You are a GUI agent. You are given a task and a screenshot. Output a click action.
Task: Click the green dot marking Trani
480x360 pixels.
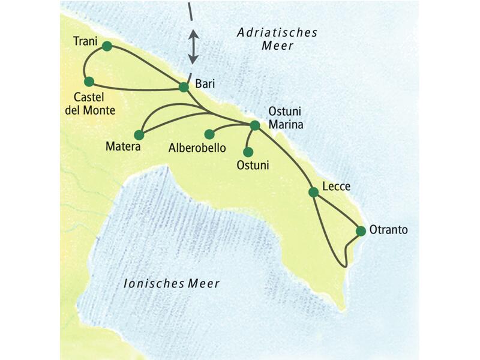coord(107,46)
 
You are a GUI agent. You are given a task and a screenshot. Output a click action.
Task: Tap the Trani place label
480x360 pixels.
coord(85,41)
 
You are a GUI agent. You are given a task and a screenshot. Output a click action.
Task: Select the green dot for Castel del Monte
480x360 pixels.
coord(89,82)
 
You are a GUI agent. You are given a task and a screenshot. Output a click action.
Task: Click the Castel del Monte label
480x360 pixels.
coord(94,103)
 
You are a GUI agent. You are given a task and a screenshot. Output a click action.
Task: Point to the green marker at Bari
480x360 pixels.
coord(184,87)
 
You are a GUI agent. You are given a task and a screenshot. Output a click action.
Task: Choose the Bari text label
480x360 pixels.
coord(205,84)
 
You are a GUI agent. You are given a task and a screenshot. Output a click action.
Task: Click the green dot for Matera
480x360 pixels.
coord(139,134)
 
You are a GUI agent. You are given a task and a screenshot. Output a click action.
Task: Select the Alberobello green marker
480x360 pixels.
coord(209,134)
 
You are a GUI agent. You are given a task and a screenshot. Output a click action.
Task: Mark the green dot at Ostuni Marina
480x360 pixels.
coord(254,125)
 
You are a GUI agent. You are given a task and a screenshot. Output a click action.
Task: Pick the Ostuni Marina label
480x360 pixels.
coord(286,119)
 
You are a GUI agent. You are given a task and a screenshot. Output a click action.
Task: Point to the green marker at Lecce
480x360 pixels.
coord(313,192)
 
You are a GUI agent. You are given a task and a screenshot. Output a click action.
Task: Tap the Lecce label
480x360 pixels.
coord(336,187)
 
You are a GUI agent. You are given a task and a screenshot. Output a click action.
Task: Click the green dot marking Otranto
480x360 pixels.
coord(361,231)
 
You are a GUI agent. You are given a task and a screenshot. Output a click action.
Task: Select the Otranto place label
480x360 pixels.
coord(389,230)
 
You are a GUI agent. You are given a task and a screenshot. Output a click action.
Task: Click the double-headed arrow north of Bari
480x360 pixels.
coord(193,47)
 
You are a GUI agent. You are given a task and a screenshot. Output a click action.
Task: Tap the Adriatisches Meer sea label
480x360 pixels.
coord(277,40)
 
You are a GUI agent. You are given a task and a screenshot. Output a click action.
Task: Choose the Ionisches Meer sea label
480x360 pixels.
coord(171,283)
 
